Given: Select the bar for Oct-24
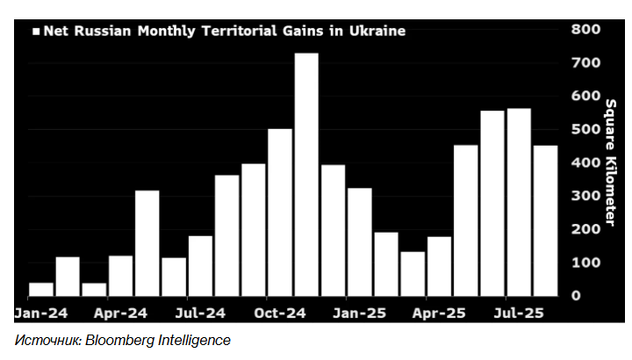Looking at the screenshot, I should tap(280, 212).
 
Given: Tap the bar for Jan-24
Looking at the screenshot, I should tap(41, 289).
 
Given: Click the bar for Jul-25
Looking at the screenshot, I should tap(519, 201).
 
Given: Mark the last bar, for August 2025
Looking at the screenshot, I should tap(545, 220).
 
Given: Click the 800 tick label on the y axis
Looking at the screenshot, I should tap(586, 29).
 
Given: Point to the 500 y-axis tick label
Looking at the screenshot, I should tap(586, 129).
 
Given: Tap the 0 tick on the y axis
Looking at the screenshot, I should tap(576, 296).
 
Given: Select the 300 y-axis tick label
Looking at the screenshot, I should tap(586, 196).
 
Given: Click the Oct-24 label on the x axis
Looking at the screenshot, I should tap(281, 313).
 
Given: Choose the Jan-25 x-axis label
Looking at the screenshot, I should tap(360, 313).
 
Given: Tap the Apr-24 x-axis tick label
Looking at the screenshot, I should tap(121, 313).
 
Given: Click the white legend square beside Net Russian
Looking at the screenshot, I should tap(37, 32).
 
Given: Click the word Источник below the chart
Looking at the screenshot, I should tap(47, 340).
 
